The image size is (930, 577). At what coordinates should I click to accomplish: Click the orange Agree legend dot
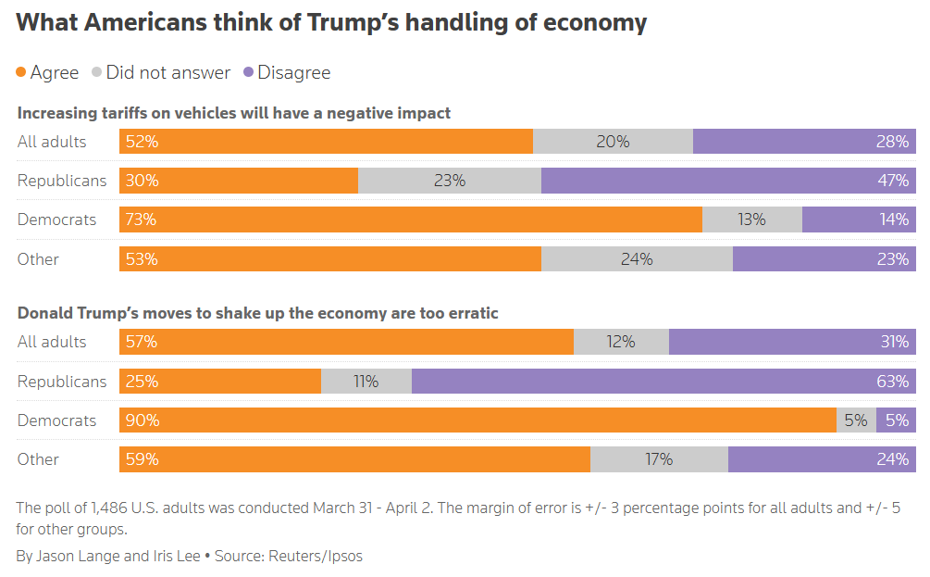click(21, 72)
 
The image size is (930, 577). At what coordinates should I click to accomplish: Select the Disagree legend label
click(293, 72)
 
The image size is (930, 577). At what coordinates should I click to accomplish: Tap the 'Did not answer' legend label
click(167, 72)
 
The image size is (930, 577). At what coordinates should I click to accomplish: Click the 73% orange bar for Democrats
click(411, 220)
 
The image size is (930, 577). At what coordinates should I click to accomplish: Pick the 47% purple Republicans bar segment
click(728, 181)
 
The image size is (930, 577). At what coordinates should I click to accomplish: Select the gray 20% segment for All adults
click(613, 142)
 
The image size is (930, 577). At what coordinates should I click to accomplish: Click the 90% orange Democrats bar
click(477, 420)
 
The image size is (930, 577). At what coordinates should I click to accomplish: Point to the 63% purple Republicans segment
click(663, 381)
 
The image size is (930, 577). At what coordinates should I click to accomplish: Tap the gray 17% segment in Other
click(659, 459)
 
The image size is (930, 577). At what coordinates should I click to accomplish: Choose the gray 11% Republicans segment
click(366, 381)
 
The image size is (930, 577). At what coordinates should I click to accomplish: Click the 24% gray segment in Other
click(637, 259)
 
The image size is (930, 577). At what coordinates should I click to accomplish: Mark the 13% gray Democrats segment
click(752, 220)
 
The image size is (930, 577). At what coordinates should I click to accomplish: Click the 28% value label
click(893, 142)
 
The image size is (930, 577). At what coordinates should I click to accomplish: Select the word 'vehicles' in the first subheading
click(198, 113)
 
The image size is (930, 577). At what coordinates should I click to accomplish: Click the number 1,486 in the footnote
click(111, 508)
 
